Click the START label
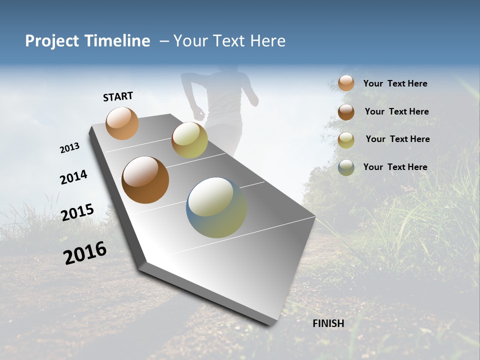(118, 96)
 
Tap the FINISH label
(328, 323)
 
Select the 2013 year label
(70, 148)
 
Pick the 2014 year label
(73, 177)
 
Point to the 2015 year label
(77, 212)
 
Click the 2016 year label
(85, 253)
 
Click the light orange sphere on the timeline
(122, 123)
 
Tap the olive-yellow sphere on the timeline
(189, 140)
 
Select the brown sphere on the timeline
(145, 180)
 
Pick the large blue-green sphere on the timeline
(216, 207)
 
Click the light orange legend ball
(346, 83)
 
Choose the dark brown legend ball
(346, 112)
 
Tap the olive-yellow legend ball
(346, 140)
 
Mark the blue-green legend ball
(346, 167)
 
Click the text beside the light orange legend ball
(395, 84)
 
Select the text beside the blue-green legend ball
(395, 167)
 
